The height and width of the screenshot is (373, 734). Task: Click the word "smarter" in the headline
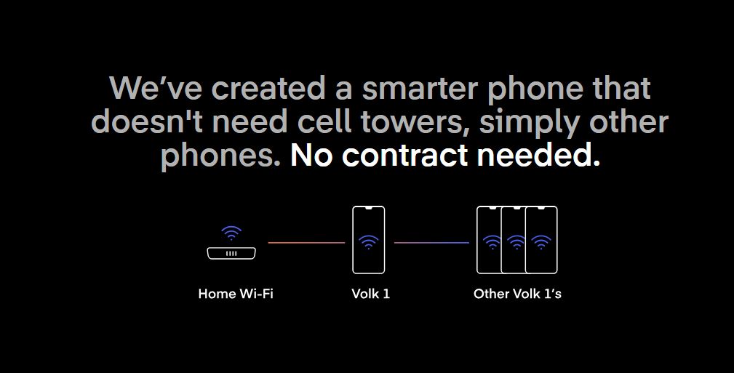click(x=420, y=89)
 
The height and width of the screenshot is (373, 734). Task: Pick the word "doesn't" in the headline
click(x=146, y=121)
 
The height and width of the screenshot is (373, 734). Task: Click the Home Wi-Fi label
click(x=236, y=294)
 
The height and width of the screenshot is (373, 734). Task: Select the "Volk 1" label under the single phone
click(x=370, y=294)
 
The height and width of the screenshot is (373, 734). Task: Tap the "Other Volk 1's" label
click(x=517, y=294)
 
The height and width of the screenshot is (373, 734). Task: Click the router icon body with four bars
click(x=231, y=253)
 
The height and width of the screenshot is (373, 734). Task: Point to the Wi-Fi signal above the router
click(x=231, y=233)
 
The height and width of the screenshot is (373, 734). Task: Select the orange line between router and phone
click(x=306, y=243)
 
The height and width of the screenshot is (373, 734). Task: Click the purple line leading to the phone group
click(x=431, y=243)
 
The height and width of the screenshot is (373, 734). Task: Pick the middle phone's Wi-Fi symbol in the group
click(x=516, y=242)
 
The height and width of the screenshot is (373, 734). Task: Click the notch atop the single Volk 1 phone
click(x=368, y=207)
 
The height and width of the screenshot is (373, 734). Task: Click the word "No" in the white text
click(x=311, y=156)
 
